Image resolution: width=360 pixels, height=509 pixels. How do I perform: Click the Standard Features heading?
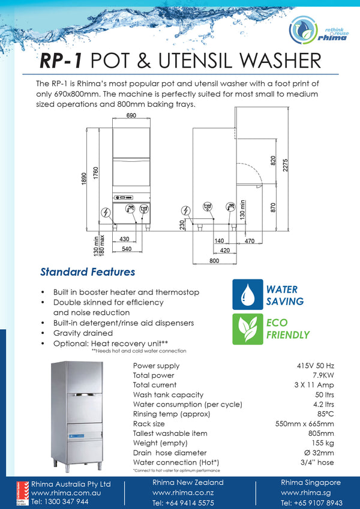(88, 272)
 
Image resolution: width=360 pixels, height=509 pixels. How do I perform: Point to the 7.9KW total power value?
(321, 375)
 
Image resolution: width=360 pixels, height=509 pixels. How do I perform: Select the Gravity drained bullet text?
(83, 333)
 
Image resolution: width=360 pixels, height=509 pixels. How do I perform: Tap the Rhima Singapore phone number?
(311, 502)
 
